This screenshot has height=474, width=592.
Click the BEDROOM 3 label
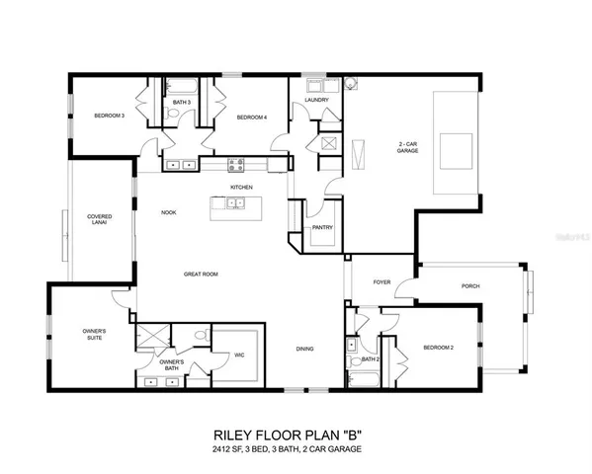(109, 116)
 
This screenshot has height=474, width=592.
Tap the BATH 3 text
(181, 102)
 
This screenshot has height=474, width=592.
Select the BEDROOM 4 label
(251, 118)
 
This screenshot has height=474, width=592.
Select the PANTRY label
(322, 228)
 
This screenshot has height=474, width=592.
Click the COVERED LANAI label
(99, 219)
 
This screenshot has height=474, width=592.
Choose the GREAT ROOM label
(201, 274)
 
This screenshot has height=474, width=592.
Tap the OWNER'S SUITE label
(94, 334)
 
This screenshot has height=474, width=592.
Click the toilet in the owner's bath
(201, 336)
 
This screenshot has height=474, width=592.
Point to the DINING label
(306, 348)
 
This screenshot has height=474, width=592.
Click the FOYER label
(381, 282)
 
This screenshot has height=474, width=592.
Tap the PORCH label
(470, 286)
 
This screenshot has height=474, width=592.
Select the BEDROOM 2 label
(438, 348)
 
